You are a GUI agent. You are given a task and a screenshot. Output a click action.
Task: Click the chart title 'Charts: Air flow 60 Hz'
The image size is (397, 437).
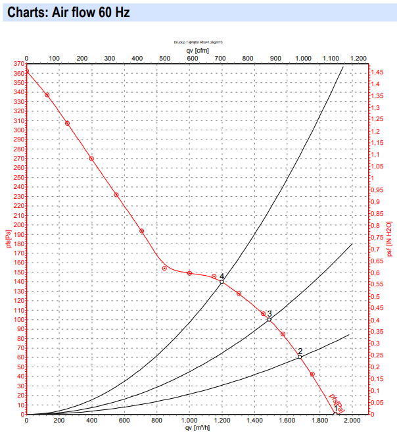[64, 13]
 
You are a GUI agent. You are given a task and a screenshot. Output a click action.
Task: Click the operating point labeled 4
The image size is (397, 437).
[222, 282]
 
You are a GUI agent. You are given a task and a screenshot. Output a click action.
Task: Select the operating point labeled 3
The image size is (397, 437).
[269, 319]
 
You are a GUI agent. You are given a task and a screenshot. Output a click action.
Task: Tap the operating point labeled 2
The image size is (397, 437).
[300, 357]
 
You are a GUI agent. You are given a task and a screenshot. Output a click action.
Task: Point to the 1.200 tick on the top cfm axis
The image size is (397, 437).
[358, 57]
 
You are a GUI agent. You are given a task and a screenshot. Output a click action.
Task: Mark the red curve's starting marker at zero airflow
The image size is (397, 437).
[26, 72]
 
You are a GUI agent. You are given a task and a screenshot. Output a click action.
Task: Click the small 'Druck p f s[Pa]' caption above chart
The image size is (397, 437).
[198, 41]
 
